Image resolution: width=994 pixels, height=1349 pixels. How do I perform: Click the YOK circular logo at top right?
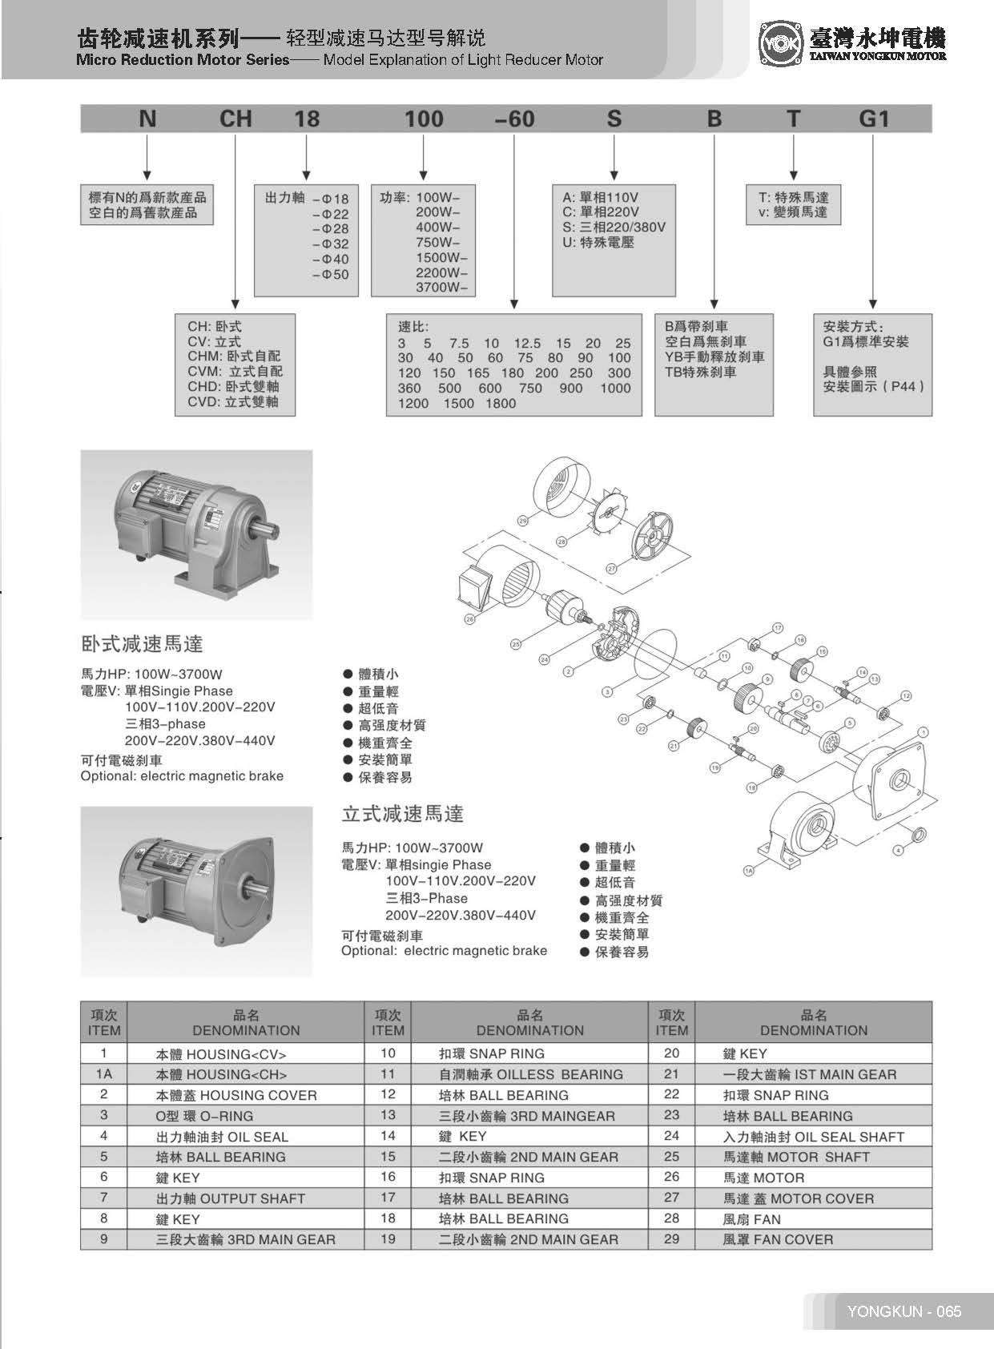click(779, 45)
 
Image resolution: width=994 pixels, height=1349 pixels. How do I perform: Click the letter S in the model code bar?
click(614, 119)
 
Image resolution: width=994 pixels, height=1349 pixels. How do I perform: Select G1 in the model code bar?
click(874, 119)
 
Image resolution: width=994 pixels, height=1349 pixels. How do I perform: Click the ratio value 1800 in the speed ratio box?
click(501, 404)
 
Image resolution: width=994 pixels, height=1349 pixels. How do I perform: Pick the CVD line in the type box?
click(233, 401)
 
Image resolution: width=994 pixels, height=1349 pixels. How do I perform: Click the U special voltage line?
click(598, 242)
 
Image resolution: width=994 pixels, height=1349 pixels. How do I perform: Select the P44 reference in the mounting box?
click(903, 387)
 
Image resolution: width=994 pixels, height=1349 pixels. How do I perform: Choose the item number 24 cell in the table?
click(671, 1136)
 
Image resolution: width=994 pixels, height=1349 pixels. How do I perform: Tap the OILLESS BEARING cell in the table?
click(530, 1074)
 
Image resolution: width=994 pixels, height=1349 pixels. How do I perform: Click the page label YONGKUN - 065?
click(903, 1311)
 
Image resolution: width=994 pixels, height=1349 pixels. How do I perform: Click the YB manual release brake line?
click(714, 356)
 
